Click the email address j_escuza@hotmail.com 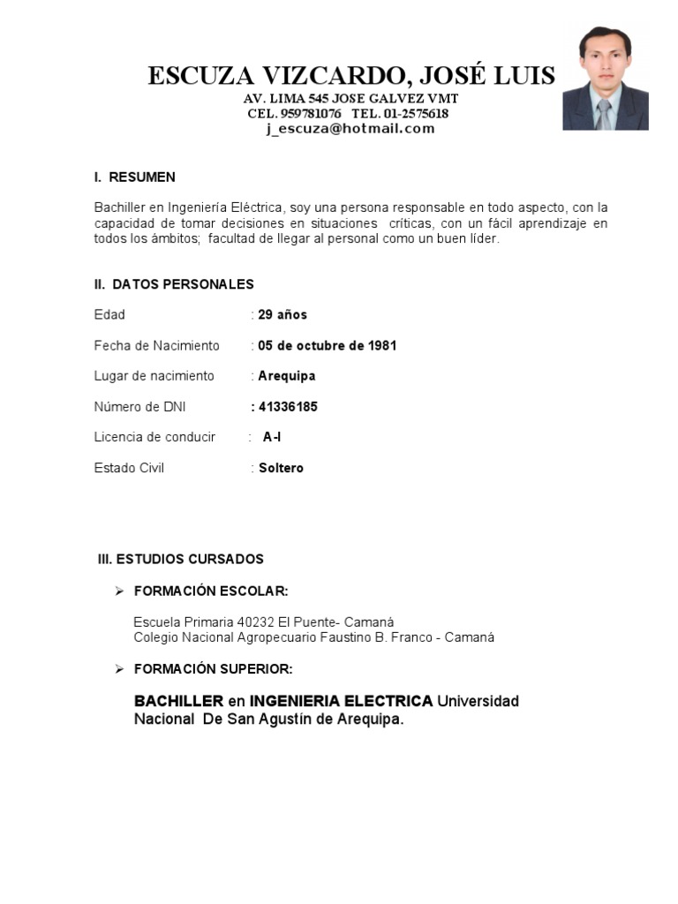(x=350, y=129)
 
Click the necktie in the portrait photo (x=604, y=113)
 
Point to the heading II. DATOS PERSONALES (x=174, y=284)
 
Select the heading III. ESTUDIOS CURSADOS (x=180, y=560)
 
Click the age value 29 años (x=282, y=315)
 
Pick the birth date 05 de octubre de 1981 (x=327, y=346)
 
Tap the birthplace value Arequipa (x=286, y=376)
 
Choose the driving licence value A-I (x=272, y=437)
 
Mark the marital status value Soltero (x=281, y=468)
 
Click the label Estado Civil (x=129, y=468)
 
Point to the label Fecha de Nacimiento (x=156, y=346)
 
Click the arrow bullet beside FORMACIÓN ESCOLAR (x=120, y=591)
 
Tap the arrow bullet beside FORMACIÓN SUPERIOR (x=120, y=669)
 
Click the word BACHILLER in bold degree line (x=178, y=701)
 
